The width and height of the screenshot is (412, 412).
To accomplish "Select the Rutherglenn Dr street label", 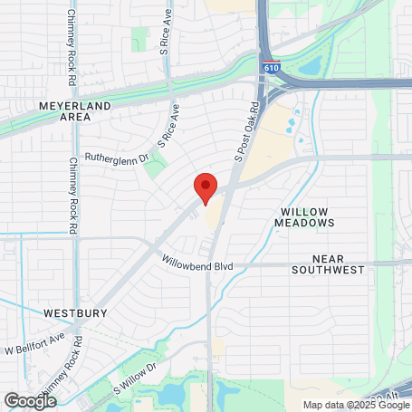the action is click(x=116, y=157).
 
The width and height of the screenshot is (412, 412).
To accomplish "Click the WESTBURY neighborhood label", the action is click(x=75, y=312).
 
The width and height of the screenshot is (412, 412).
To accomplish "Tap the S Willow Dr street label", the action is click(x=135, y=378).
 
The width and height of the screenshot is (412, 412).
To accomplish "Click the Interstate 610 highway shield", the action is click(x=273, y=68).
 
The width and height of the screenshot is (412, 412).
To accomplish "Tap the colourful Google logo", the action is click(x=30, y=400).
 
